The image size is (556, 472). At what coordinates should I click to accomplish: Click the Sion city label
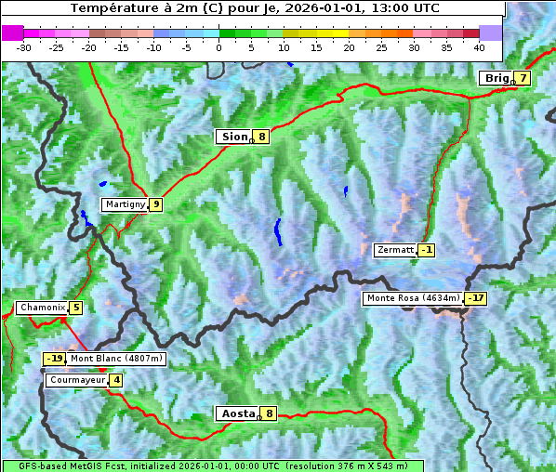coord(234,137)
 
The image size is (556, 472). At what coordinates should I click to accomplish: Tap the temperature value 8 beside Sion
coord(262,137)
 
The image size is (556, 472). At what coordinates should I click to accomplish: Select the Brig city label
coord(496,78)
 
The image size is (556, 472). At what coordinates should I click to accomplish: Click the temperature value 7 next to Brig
coord(523,78)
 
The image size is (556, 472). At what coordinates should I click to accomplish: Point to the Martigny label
coord(125,204)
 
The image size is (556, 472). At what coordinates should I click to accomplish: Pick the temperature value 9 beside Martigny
coord(155,204)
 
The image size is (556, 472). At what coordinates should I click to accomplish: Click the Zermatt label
coord(395,250)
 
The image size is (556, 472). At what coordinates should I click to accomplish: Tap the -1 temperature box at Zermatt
coord(426,250)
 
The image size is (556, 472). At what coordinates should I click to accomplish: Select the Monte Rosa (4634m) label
coord(413,298)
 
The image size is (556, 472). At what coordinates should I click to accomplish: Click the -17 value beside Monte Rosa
coord(475,298)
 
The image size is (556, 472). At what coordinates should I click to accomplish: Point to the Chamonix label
coord(41,308)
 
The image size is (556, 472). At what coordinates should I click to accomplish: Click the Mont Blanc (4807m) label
coord(116,359)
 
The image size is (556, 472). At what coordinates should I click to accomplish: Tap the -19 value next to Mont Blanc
coord(55,359)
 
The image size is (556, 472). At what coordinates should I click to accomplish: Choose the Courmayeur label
coord(77,380)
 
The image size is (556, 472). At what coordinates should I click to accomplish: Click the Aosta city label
coord(236,413)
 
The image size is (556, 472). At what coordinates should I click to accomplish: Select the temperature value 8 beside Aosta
coord(269,413)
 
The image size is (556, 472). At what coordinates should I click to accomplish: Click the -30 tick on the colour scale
coord(24,47)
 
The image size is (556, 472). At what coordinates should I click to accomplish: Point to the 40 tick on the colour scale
coord(479,47)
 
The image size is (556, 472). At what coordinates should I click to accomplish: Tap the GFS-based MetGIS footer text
coord(212,465)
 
